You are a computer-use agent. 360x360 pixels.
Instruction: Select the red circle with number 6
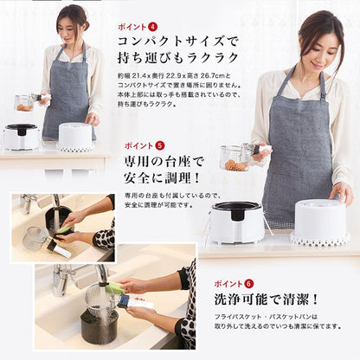[x=250, y=283]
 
